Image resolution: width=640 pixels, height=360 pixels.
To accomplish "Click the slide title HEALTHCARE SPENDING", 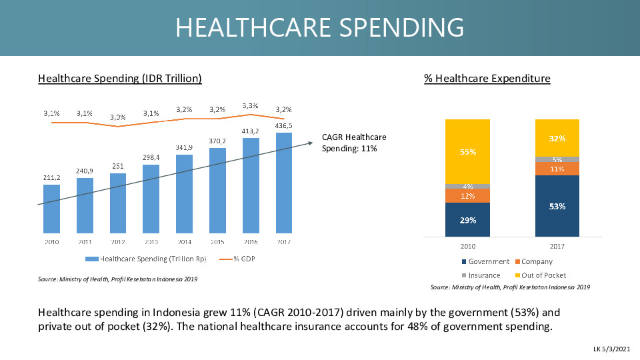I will coord(319,27).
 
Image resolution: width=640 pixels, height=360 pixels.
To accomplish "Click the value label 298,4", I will coord(151,157).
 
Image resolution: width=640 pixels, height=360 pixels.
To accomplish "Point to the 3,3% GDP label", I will coord(251,105).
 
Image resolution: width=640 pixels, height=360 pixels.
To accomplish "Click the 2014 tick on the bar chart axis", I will coord(185,241).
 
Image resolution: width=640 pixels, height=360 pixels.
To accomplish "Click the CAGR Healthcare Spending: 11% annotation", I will coord(353,143).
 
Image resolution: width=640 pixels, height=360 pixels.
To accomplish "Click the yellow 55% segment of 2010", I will coord(467,151).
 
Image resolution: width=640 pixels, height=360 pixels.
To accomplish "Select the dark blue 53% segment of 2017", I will coord(557,206).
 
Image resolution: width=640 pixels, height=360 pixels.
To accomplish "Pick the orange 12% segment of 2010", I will coord(467,196).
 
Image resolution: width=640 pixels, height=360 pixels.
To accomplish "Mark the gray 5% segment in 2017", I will coord(557,159).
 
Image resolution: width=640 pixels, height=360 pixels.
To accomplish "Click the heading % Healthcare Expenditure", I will coord(487,79).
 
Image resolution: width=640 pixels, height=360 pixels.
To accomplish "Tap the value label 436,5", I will coord(283,125).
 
